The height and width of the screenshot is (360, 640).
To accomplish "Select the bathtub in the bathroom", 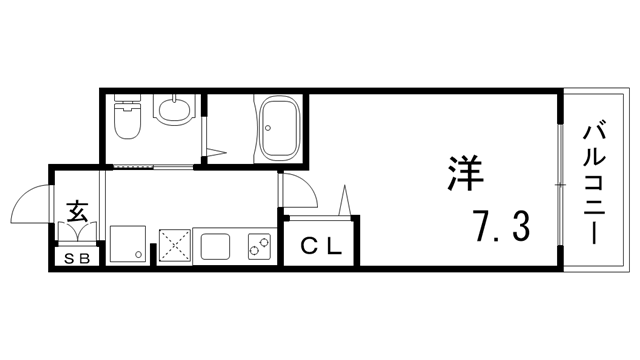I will pyautogui.click(x=279, y=128).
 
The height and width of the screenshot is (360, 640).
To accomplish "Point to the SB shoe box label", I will pyautogui.click(x=76, y=259).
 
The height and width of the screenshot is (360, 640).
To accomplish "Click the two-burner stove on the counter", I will pyautogui.click(x=259, y=244).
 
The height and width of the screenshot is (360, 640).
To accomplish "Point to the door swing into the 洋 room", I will pyautogui.click(x=294, y=190).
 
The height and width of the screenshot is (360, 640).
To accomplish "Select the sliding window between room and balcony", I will pyautogui.click(x=558, y=183).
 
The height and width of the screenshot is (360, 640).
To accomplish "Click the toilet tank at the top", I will pyautogui.click(x=127, y=101).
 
